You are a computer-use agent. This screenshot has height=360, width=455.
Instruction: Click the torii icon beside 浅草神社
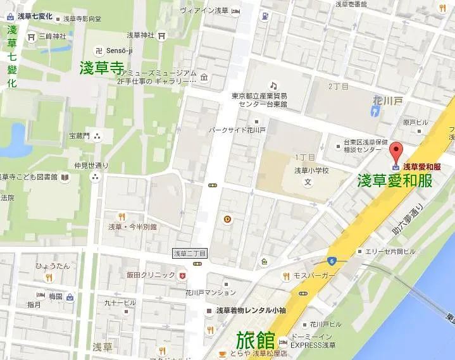click(x=163, y=35)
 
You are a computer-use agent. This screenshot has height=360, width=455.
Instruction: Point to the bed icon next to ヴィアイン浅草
click(x=235, y=11)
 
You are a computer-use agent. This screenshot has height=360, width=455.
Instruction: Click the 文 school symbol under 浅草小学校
click(x=308, y=182)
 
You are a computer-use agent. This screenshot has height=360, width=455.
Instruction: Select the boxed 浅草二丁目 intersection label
click(x=190, y=253)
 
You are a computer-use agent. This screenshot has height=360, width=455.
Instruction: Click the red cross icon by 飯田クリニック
click(x=183, y=275)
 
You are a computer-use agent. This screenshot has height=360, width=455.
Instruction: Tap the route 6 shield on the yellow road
click(x=332, y=261)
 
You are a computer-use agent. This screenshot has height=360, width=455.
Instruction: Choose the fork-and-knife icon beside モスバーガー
click(x=286, y=276)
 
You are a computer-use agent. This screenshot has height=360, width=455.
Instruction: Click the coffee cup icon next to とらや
click(x=222, y=353)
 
